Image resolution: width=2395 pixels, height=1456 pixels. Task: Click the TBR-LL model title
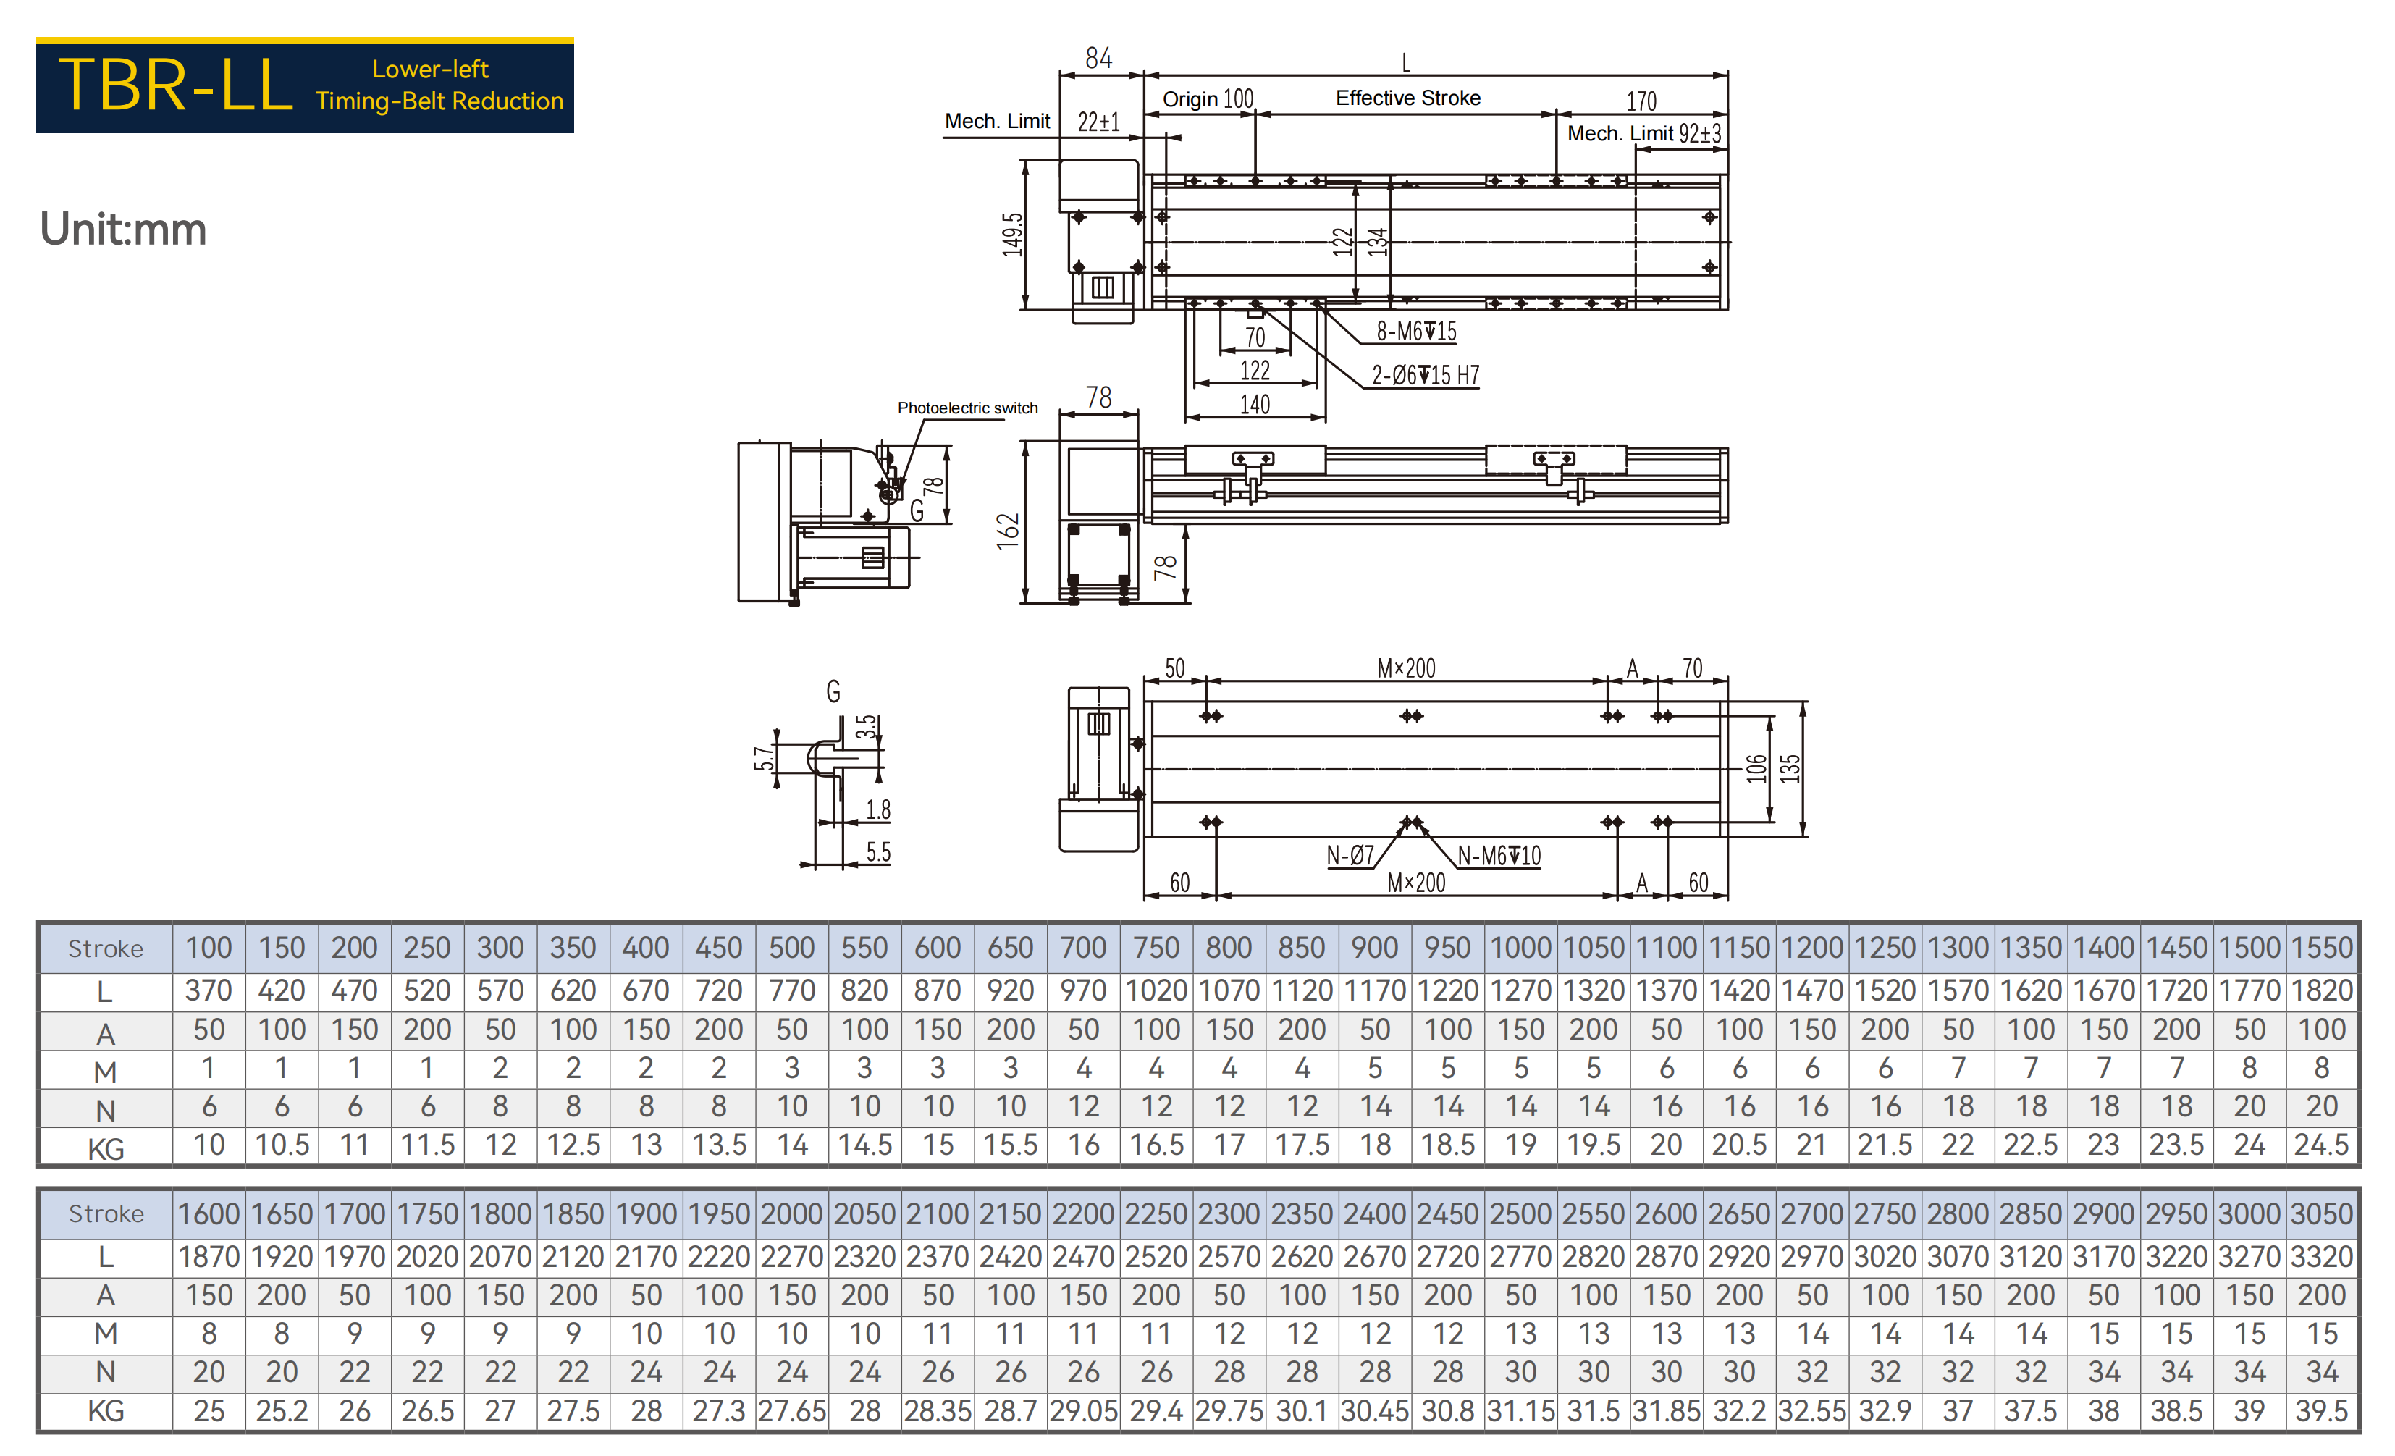coord(175,85)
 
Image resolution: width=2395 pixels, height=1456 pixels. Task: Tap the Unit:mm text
coord(124,230)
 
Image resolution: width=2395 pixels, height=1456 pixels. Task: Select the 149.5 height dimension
coord(1013,235)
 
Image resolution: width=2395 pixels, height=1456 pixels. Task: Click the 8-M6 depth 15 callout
coord(1416,332)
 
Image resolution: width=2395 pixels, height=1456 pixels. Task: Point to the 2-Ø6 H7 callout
coord(1425,375)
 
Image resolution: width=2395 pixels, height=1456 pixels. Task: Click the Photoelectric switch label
coord(967,408)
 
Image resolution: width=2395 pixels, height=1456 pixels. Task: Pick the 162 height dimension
coord(1008,531)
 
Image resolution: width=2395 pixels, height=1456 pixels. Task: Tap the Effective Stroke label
coord(1407,98)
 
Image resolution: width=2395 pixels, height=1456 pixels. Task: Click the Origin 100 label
coord(1208,99)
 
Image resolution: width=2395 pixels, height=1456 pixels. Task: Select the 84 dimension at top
coord(1098,59)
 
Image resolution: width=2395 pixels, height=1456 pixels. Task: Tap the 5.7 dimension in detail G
coord(764,758)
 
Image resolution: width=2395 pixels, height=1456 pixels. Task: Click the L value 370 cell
coord(209,990)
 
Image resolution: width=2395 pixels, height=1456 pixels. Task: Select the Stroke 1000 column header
coord(1520,948)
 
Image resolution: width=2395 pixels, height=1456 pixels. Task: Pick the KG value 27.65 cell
coord(791,1411)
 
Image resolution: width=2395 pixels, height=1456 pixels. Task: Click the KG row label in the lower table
coord(106,1411)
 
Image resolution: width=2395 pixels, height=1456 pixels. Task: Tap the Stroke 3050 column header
coord(2321,1214)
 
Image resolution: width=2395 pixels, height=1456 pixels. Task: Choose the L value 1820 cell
coord(2321,990)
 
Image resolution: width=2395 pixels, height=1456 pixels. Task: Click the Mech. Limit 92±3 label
coord(1643,133)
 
